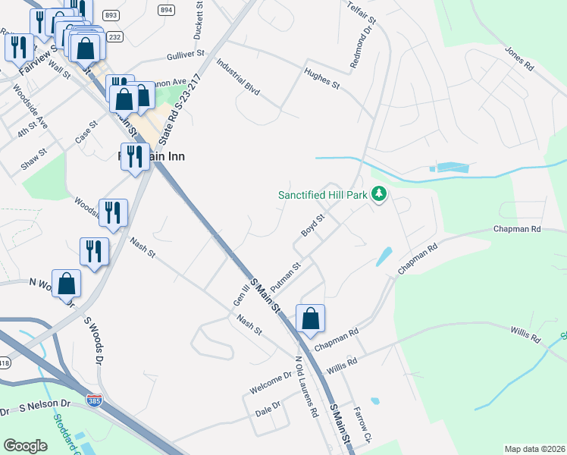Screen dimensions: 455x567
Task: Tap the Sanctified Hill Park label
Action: [322, 195]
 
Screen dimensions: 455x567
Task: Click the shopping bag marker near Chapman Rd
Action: [311, 319]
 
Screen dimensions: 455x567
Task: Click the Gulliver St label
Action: [186, 55]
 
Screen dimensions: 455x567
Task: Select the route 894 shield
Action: [167, 9]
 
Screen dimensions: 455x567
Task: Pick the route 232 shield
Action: [114, 36]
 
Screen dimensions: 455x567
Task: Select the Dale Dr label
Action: [268, 407]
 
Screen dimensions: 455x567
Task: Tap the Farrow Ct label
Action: [366, 426]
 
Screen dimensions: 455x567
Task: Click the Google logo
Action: [25, 446]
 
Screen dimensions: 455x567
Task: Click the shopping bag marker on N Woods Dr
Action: [67, 284]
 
